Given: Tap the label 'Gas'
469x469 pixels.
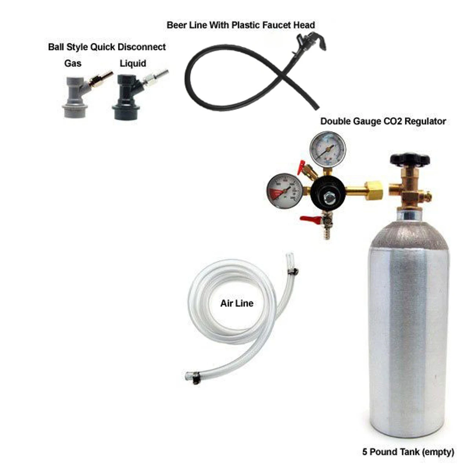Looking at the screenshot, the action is click(73, 63).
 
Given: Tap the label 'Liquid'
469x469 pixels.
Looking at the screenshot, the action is click(133, 63).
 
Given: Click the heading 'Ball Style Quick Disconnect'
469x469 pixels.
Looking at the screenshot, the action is click(107, 47).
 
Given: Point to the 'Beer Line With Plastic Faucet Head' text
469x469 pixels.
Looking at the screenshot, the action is click(241, 25).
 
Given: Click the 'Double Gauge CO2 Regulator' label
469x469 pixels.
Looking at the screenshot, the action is click(383, 121).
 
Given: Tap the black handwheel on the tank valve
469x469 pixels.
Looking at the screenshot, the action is click(410, 159).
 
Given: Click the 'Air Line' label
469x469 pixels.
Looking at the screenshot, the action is click(237, 303).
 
